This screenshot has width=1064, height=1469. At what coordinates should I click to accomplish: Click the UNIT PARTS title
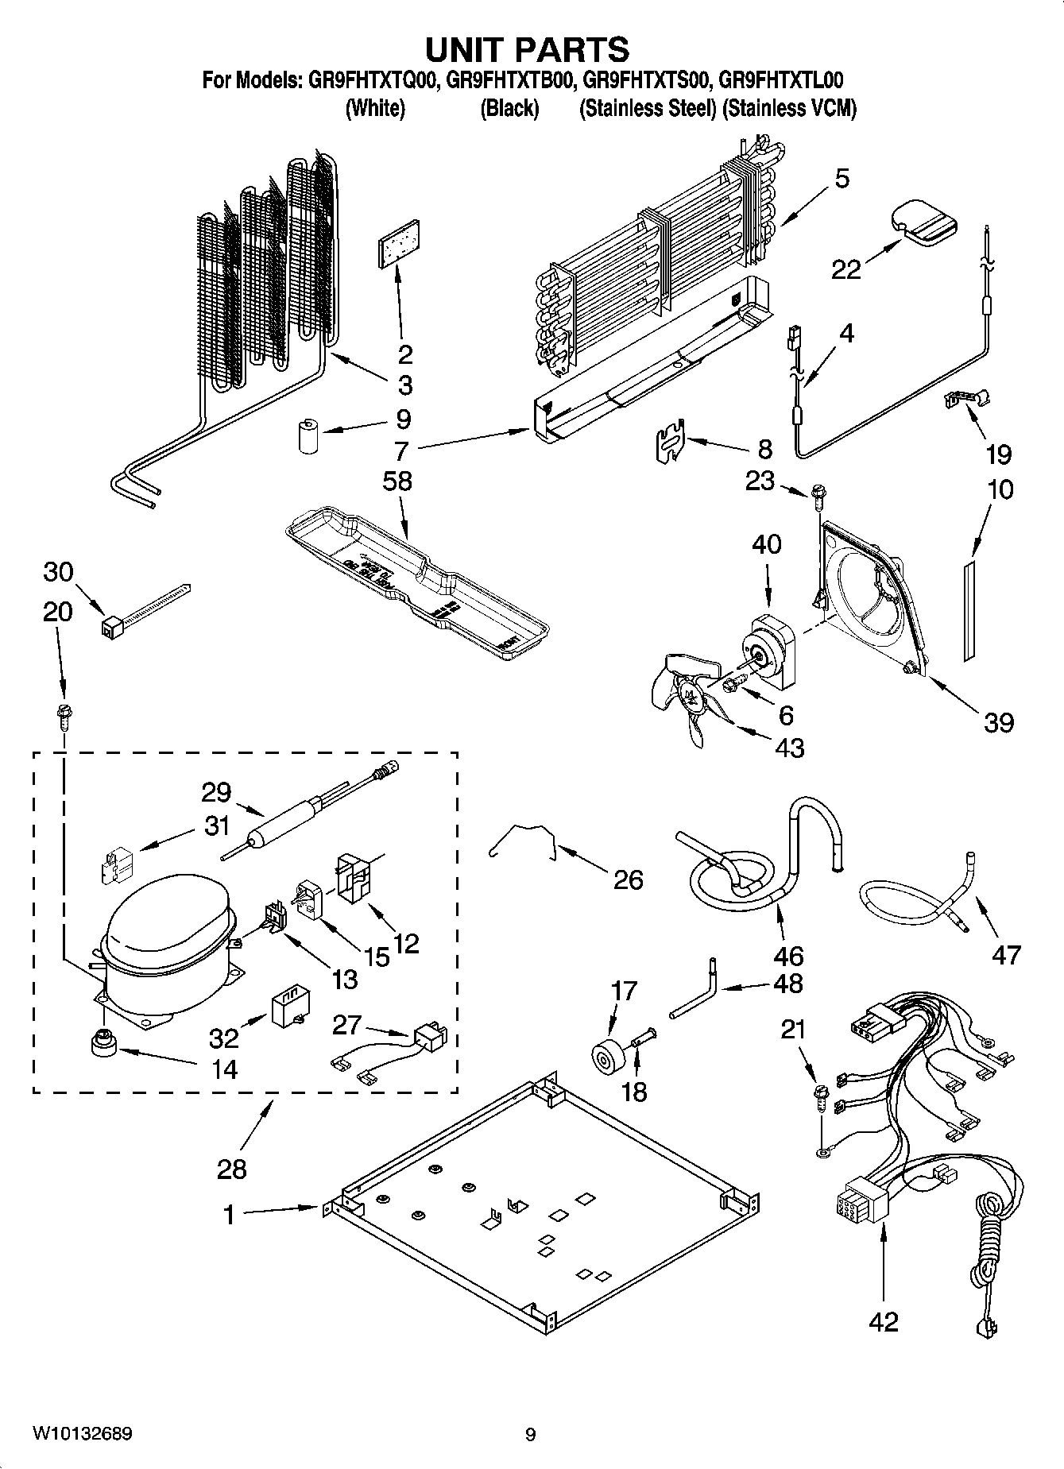click(x=527, y=49)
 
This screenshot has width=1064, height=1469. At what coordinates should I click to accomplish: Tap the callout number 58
click(x=397, y=481)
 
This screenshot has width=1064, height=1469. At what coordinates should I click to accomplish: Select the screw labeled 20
click(x=63, y=717)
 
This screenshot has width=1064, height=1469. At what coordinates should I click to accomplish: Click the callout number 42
click(x=884, y=1321)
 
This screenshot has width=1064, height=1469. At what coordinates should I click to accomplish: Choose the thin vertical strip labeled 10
click(x=968, y=609)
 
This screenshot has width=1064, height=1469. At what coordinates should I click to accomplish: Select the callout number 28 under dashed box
click(x=231, y=1169)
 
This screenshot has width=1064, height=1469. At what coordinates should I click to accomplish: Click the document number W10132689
click(x=82, y=1434)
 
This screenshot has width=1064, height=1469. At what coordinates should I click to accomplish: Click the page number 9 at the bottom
click(x=530, y=1435)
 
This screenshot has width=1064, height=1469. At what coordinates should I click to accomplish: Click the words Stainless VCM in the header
click(x=790, y=109)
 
